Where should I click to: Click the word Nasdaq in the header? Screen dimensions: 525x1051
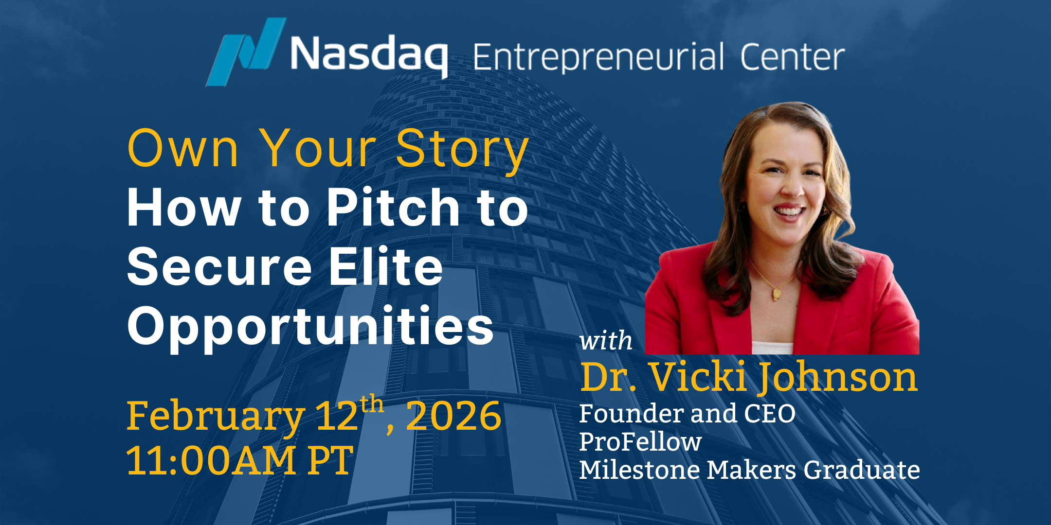pos(369,54)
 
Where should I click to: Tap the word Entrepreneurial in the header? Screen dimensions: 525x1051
pos(598,57)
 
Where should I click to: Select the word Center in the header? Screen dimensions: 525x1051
pos(792,57)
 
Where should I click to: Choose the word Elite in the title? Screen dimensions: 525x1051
pos(385,266)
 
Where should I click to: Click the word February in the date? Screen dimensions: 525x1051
pos(216,417)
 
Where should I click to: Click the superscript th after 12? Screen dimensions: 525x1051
pos(372,404)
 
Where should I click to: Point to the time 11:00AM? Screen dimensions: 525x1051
pos(211,460)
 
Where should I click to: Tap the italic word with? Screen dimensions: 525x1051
pos(606,340)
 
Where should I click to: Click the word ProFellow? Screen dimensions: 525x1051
pos(640,442)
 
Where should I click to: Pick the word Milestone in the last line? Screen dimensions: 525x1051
pos(639,470)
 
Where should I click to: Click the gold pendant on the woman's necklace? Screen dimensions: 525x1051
pos(777,293)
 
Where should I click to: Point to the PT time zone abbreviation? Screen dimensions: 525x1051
pos(330,460)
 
